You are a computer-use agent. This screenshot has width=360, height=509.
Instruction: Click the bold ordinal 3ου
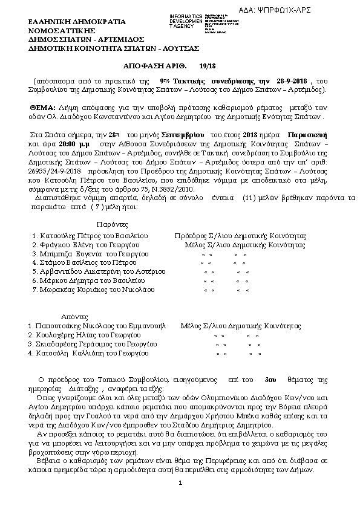(x=270, y=380)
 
